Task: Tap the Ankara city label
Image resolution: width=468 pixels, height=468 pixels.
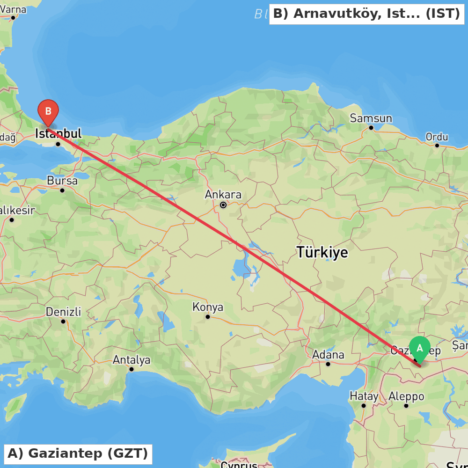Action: tap(223, 194)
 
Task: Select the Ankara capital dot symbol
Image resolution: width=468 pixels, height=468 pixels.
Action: tap(223, 205)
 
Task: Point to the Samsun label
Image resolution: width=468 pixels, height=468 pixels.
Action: tap(371, 118)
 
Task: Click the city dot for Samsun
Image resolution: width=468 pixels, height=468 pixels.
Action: tap(371, 127)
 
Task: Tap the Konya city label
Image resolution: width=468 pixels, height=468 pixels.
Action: tap(208, 307)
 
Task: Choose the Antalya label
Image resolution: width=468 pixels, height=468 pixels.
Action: tap(132, 359)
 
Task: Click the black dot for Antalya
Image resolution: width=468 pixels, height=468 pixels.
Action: tap(132, 369)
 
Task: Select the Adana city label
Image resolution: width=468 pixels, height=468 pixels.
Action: tap(328, 354)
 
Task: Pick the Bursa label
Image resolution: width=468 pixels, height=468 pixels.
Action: tap(62, 180)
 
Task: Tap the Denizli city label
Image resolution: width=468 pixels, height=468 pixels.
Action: tap(63, 311)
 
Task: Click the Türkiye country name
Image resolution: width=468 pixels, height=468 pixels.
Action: tap(322, 252)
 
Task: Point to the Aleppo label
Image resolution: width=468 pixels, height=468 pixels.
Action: tap(406, 396)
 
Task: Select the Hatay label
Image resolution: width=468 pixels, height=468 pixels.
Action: tap(364, 396)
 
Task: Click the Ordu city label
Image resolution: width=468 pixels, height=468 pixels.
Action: tap(437, 137)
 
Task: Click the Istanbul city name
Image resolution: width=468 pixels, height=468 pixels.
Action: tap(58, 133)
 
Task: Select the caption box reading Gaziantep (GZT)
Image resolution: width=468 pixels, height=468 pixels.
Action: tap(78, 453)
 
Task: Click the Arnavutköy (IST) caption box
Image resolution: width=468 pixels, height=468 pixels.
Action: tap(366, 14)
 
